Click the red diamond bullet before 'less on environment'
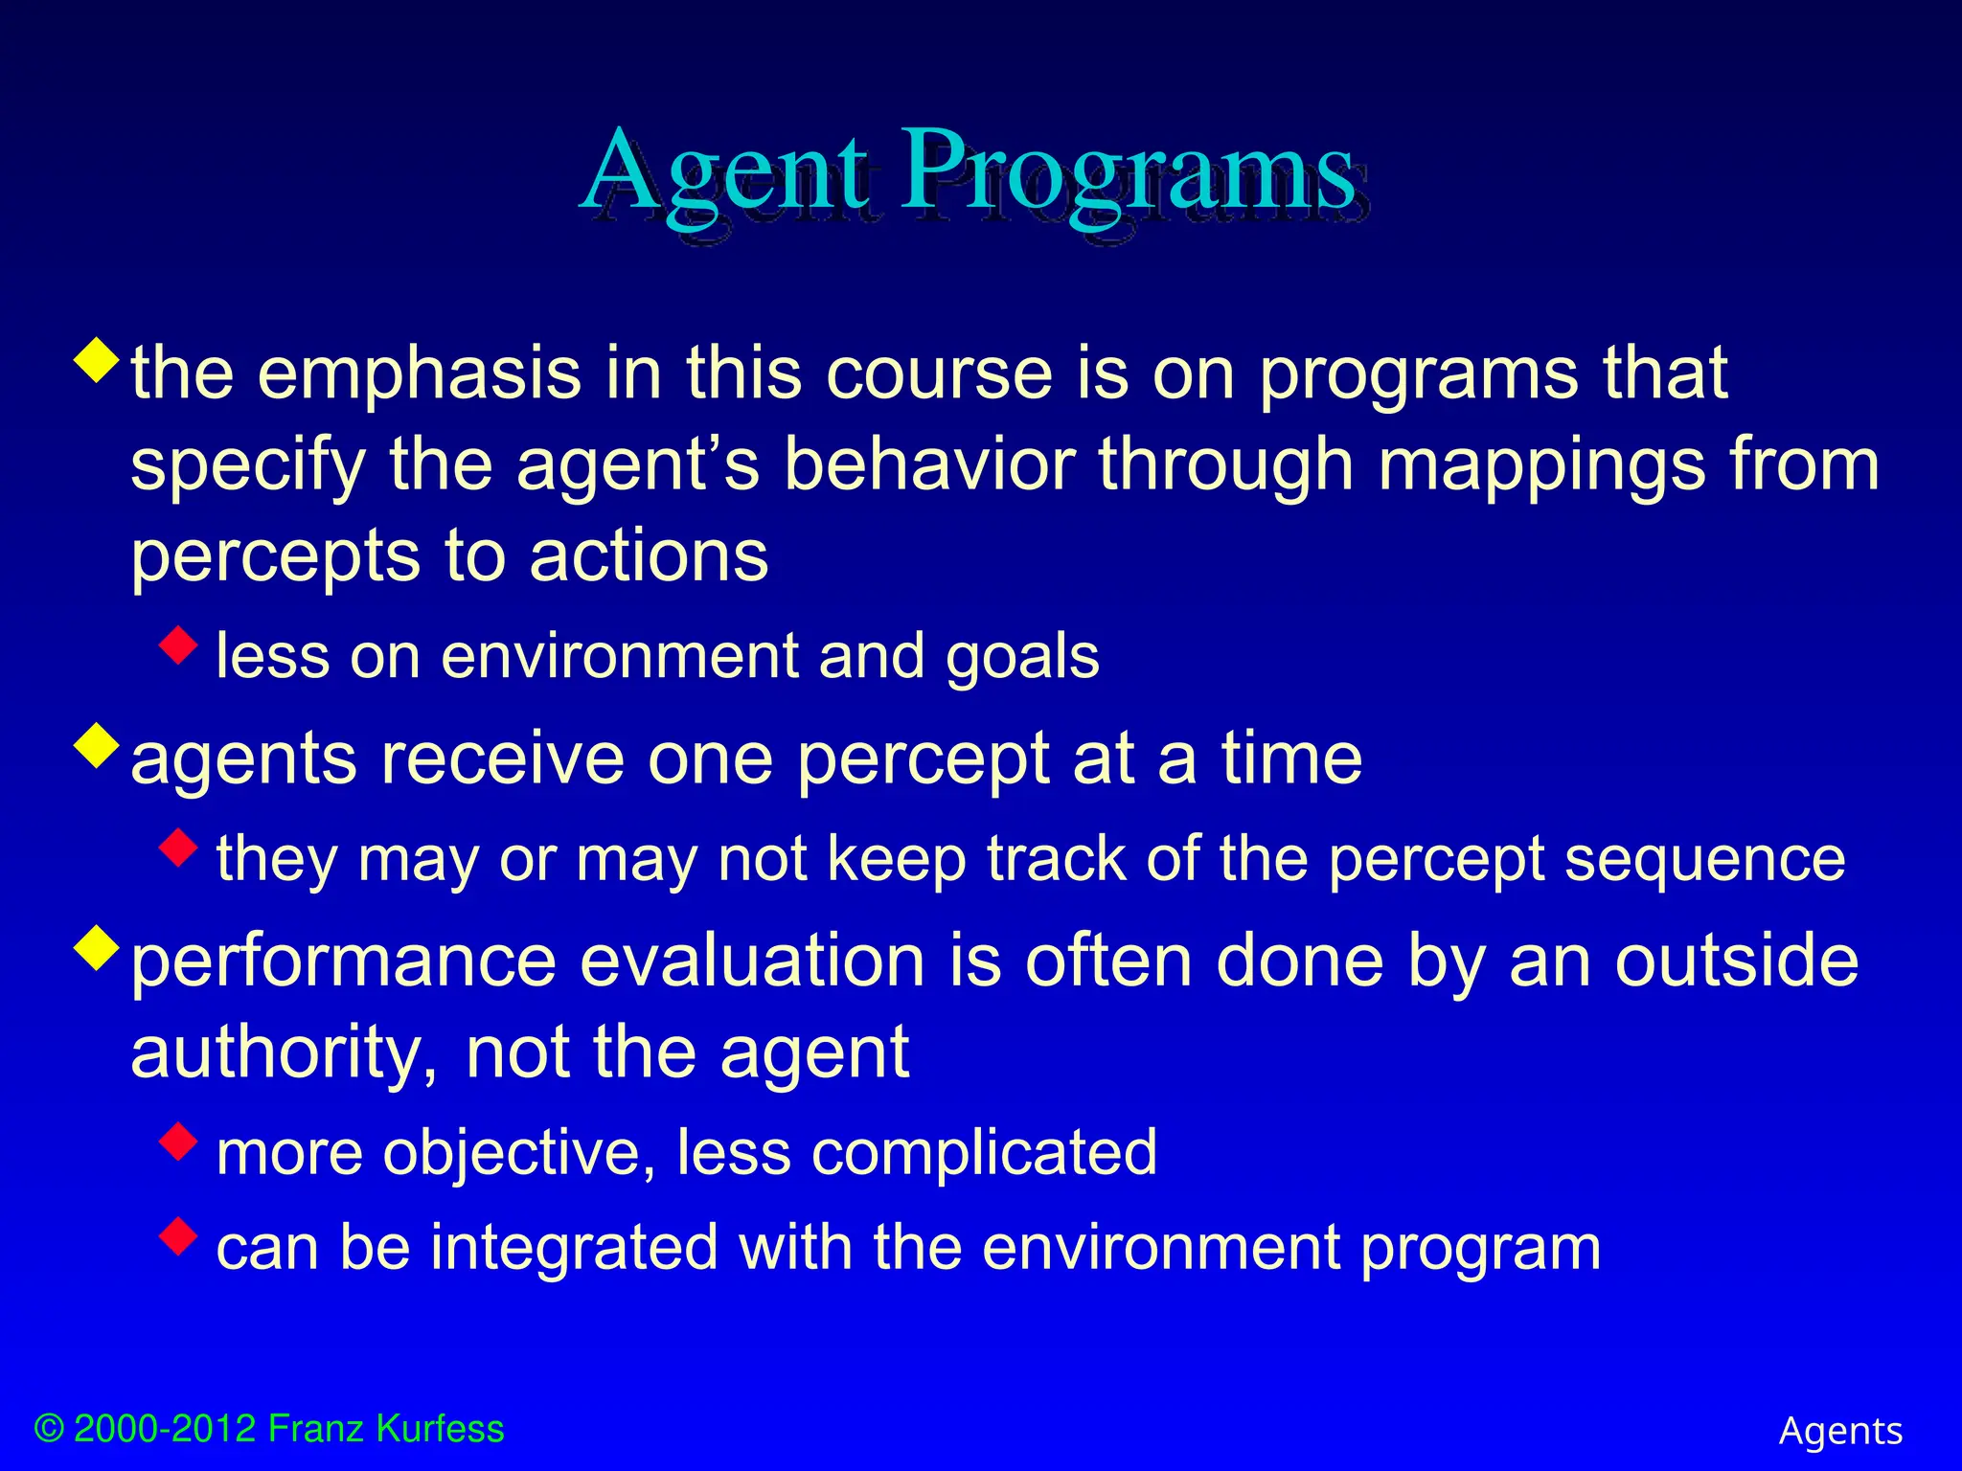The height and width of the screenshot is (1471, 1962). coord(178,645)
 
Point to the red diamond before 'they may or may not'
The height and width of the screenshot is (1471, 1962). coord(178,848)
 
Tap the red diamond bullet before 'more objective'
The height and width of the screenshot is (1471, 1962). coord(178,1140)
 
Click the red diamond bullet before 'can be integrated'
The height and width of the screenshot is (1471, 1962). coord(178,1235)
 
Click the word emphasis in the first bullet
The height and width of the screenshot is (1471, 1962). coord(420,373)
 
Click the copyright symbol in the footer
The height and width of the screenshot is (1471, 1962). coord(49,1429)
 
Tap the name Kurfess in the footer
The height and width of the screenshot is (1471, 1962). coord(440,1428)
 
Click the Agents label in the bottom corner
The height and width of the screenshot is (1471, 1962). coord(1840,1432)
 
